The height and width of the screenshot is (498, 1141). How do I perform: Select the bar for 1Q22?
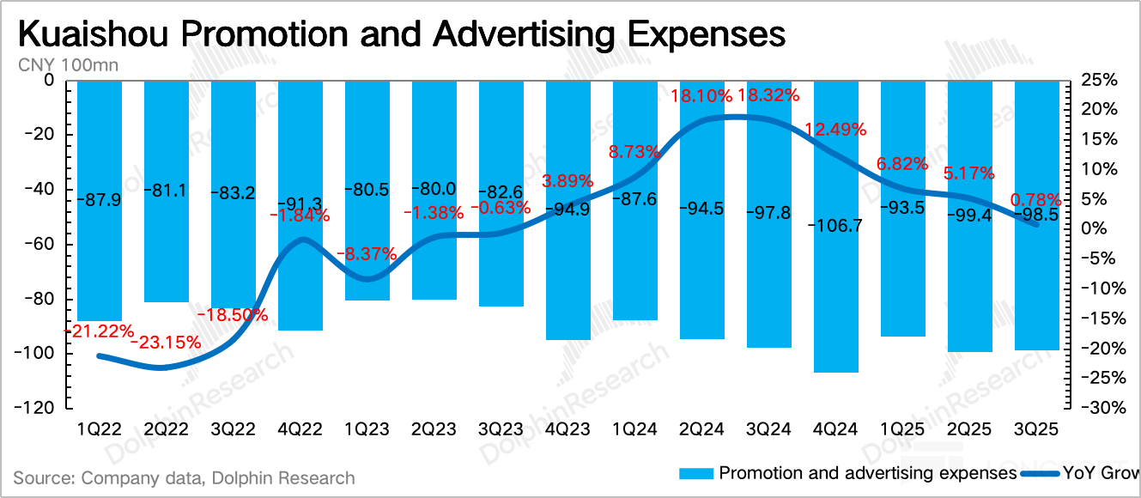point(99,258)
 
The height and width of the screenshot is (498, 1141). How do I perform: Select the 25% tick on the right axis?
point(1099,81)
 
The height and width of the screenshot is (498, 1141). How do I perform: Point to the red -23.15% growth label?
point(166,343)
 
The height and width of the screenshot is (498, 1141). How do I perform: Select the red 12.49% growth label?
point(835,129)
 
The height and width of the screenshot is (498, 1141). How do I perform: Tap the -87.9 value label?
point(99,201)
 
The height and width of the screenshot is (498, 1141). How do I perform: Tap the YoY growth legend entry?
point(1099,473)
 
